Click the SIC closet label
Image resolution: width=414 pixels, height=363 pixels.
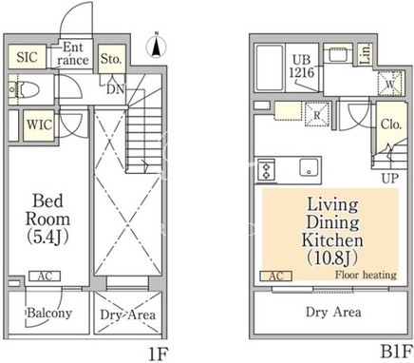[x=27, y=57]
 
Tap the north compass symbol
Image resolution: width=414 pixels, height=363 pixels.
[x=156, y=47]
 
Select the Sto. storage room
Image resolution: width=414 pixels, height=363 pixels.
[x=112, y=59]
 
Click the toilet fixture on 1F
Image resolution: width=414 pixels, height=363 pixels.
[x=27, y=89]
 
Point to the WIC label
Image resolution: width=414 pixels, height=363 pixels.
[x=39, y=124]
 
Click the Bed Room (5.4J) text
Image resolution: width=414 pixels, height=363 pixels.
[x=47, y=219]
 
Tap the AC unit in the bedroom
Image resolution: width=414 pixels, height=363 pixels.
[x=45, y=277]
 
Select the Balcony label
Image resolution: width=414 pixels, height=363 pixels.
[x=49, y=314]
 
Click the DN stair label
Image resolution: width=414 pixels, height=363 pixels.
[x=115, y=89]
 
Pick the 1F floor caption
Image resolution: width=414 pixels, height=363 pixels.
[x=158, y=353]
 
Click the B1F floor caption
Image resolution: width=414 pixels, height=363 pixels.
[x=397, y=352]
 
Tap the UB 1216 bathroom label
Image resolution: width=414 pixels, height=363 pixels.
[x=302, y=67]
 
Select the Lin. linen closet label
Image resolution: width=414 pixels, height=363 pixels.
[x=366, y=54]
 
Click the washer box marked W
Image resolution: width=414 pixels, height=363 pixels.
[x=390, y=84]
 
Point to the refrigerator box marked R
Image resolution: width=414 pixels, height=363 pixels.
[x=317, y=114]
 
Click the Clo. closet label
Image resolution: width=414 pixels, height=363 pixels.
[x=391, y=124]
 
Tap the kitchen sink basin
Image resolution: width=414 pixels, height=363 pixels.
[x=309, y=167]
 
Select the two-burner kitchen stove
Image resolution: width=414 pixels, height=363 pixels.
[x=266, y=170]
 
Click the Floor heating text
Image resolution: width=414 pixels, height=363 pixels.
[x=366, y=275]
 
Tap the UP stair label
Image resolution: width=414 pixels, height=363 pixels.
[x=390, y=179]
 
